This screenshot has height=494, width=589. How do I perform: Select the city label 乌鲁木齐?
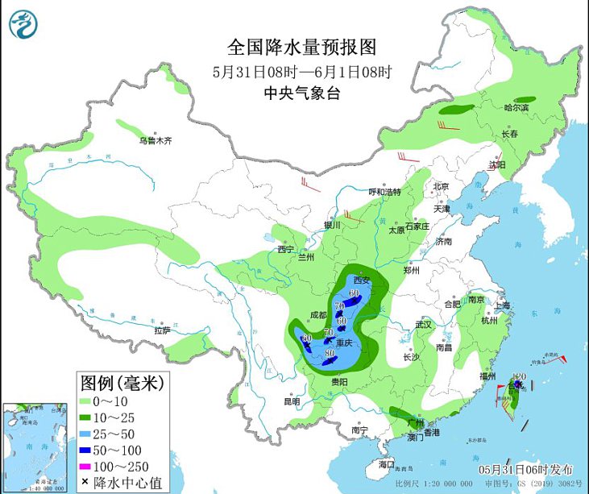[x=156, y=140]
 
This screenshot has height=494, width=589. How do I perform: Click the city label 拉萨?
[x=162, y=330]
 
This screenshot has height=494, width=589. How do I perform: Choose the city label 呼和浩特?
[x=384, y=192]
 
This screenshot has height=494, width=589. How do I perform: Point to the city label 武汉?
[x=423, y=324]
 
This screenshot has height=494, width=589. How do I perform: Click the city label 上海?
[x=502, y=305]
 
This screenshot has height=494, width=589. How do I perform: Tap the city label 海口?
[x=388, y=464]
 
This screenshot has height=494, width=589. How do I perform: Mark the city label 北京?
[x=440, y=186]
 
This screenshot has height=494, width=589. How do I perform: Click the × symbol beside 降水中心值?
[x=85, y=483]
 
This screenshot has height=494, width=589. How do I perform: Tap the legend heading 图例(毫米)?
[x=121, y=381]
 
